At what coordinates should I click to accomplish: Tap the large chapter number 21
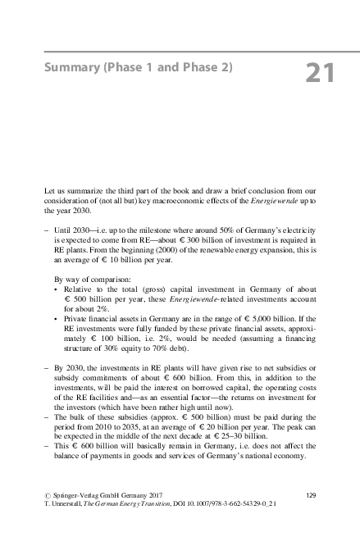[319, 72]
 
